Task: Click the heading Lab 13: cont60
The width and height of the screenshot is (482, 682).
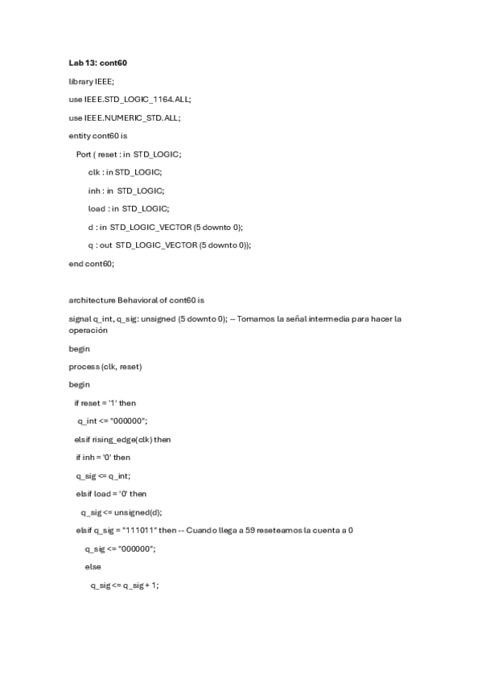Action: (x=97, y=63)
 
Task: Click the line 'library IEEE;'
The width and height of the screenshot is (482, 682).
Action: (x=92, y=81)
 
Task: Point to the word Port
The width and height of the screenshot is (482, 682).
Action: (x=84, y=154)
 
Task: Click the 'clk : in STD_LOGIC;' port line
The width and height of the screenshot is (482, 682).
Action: (x=125, y=172)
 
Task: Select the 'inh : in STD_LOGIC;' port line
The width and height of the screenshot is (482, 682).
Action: (x=126, y=191)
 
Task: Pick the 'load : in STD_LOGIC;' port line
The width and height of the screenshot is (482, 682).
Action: (x=129, y=208)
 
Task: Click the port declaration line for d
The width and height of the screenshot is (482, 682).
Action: (x=165, y=227)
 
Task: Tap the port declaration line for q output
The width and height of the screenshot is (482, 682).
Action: (x=170, y=245)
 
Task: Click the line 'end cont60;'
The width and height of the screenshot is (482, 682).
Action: (x=92, y=263)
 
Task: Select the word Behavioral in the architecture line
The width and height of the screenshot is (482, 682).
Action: (x=137, y=300)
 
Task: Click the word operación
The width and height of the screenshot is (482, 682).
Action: (x=88, y=330)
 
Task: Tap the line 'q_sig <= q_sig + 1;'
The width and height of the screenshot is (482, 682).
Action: (x=125, y=585)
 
